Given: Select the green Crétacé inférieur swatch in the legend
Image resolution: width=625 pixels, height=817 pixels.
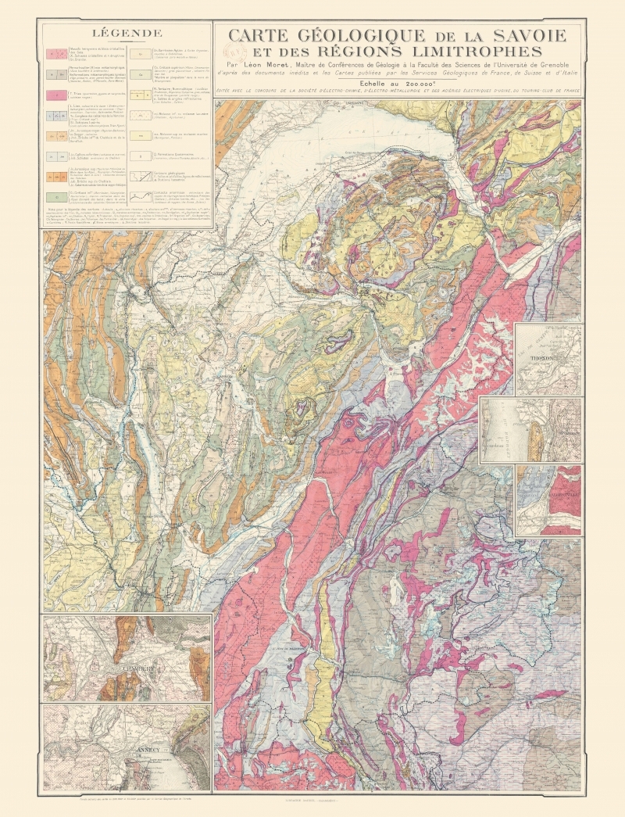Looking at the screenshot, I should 56,197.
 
